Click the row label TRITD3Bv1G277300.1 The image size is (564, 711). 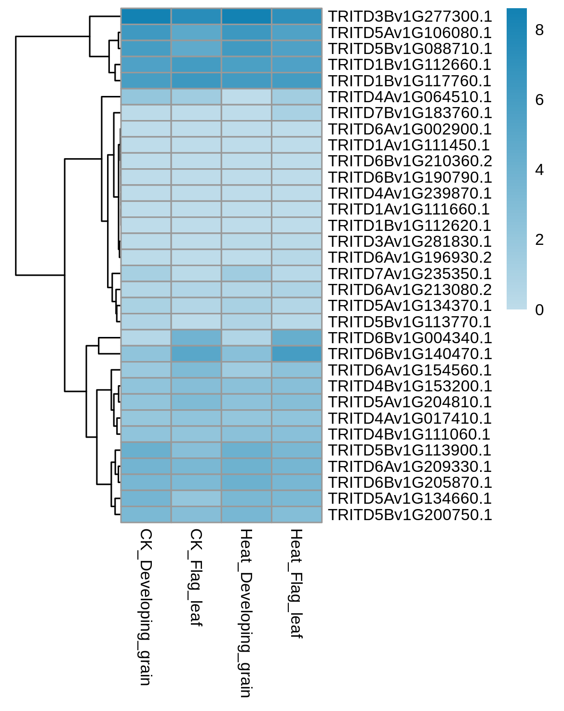(x=410, y=16)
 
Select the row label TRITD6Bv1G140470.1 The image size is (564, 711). (x=410, y=354)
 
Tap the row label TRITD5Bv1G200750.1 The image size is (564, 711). (x=410, y=515)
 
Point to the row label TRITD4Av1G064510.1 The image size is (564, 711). (x=410, y=97)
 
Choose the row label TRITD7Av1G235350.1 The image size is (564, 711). (x=410, y=274)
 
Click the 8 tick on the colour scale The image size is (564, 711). (x=539, y=30)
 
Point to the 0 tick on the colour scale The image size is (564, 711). (x=539, y=310)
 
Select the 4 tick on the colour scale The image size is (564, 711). (x=539, y=170)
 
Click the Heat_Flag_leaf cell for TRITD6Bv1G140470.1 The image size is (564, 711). (x=297, y=354)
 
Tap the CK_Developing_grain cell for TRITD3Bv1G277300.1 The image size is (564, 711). (x=146, y=16)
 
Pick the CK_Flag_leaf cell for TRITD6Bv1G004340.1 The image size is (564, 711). (x=196, y=337)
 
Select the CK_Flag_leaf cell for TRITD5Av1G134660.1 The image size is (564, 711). (x=196, y=498)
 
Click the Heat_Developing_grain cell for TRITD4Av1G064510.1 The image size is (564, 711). (x=246, y=97)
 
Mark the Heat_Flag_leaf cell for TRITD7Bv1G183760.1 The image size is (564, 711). (x=297, y=113)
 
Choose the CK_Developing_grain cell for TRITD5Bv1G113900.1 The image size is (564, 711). (x=146, y=450)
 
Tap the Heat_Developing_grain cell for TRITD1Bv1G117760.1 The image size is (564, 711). (x=246, y=80)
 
